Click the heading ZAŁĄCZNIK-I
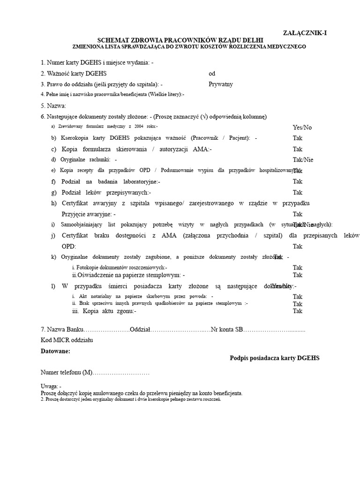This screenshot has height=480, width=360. [305, 32]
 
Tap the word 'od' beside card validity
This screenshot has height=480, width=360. [212, 74]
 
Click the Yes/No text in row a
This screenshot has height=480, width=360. [302, 127]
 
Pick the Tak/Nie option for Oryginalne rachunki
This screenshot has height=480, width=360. [303, 159]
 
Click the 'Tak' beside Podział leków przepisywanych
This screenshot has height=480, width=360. [298, 192]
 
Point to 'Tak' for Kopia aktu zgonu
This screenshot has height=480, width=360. [298, 311]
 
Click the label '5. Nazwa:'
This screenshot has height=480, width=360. [53, 106]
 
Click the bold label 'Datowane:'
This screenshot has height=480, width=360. [55, 351]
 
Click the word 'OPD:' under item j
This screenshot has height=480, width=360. [68, 246]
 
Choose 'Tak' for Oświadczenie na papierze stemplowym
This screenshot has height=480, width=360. [298, 275]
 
